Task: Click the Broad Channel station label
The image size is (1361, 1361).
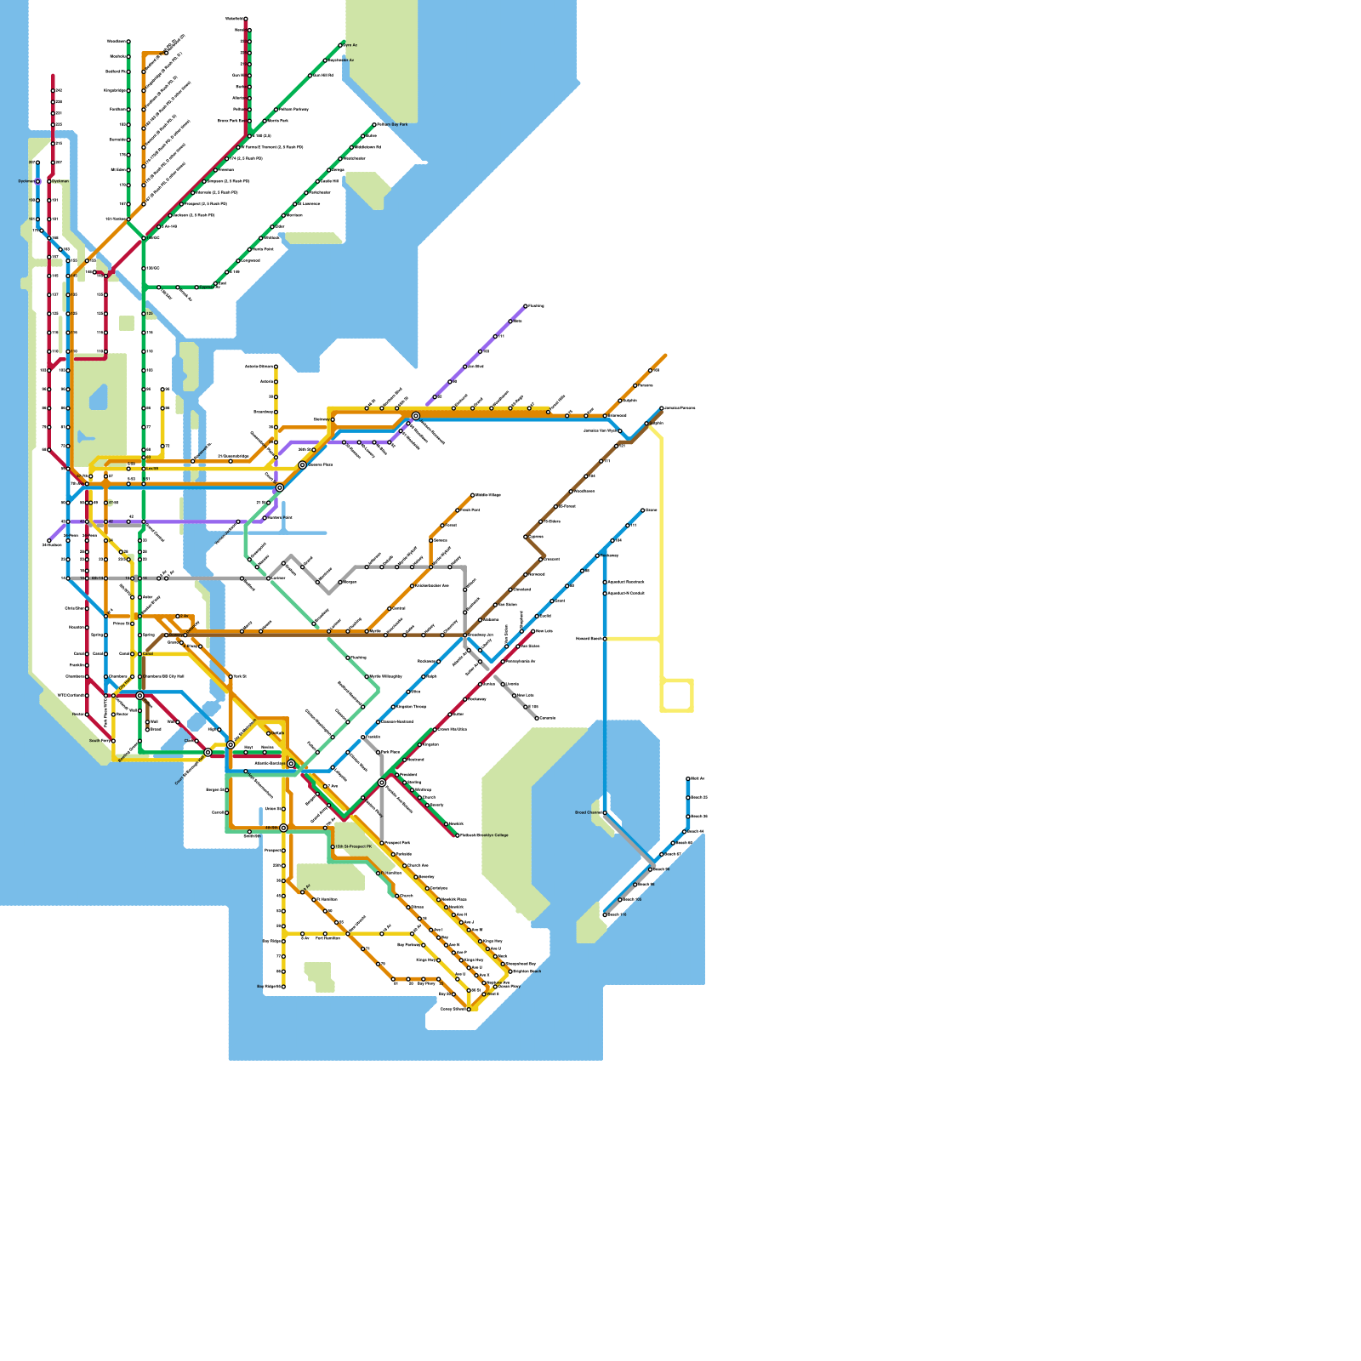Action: coord(587,812)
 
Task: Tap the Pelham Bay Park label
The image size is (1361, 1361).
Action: coord(392,124)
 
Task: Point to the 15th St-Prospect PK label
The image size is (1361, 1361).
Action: coord(353,847)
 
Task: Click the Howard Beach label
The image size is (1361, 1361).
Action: coord(589,638)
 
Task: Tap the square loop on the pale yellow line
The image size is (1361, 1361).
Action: coord(677,695)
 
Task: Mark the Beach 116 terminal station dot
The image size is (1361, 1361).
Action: coord(605,915)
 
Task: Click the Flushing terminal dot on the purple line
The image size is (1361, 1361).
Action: coord(526,306)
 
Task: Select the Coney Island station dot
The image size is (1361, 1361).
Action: coord(469,1010)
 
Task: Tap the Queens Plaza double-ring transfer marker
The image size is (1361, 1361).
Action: coord(302,465)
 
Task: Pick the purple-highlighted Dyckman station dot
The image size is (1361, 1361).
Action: coord(37,181)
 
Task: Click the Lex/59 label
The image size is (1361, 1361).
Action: coord(152,468)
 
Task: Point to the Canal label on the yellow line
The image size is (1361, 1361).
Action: coord(148,654)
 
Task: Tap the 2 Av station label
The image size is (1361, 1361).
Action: coord(184,616)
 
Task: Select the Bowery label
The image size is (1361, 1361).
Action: coord(192,646)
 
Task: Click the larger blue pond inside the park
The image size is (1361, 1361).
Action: coord(99,396)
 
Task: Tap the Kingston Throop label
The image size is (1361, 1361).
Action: coord(412,707)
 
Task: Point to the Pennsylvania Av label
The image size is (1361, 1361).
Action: coord(521,661)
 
